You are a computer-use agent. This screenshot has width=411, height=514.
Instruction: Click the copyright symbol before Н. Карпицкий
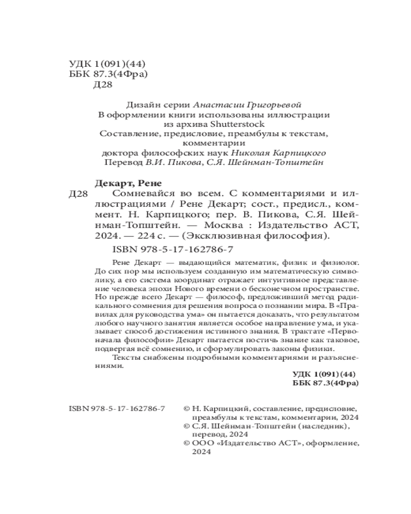186,409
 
